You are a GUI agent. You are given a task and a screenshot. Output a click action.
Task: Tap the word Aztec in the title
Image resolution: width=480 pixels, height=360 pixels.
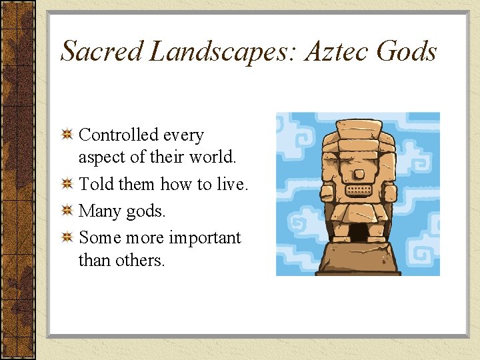coord(337,51)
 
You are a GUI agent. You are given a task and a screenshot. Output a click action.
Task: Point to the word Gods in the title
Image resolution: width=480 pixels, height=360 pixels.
coord(407,51)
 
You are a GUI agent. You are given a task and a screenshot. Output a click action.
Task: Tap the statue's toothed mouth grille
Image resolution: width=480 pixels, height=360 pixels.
coord(359,189)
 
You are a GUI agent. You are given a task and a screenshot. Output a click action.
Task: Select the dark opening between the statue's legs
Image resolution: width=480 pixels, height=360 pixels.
coord(359,232)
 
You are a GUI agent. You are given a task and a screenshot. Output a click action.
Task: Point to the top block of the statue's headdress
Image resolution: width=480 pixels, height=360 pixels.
coord(359,127)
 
